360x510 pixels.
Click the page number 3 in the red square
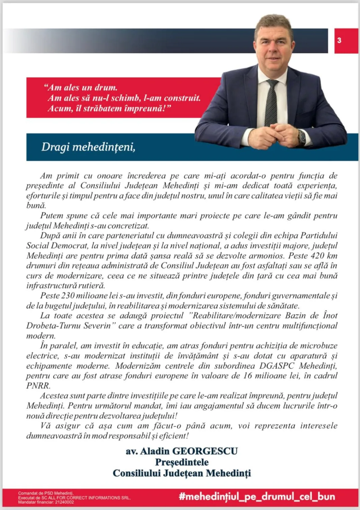pos(339,40)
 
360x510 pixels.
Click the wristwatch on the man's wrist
pos(301,137)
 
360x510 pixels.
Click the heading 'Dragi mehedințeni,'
pos(88,147)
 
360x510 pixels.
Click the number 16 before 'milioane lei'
pos(247,376)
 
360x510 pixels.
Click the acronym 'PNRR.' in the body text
pos(38,386)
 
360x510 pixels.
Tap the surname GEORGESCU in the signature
pos(205,451)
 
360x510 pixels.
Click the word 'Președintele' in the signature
pos(182,462)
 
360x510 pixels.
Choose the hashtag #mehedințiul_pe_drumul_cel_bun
pos(257,497)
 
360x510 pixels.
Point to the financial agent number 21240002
pos(64,502)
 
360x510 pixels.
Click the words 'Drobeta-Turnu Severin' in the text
pos(68,326)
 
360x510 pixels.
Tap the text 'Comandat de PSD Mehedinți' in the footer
pos(46,493)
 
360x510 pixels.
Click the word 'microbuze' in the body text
pos(319,346)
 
